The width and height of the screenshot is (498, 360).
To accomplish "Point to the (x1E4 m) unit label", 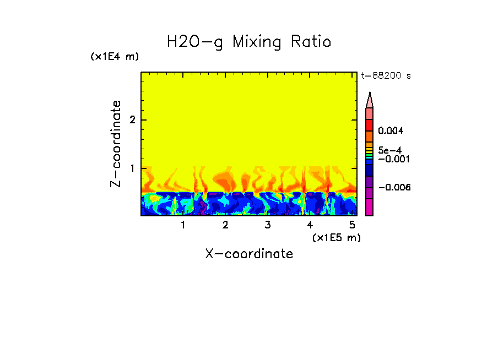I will click(115, 57).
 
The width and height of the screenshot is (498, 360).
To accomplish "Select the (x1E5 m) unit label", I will click(336, 237).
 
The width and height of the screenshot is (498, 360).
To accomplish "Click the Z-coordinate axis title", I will click(116, 144).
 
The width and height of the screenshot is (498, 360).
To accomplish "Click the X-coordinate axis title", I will click(249, 254).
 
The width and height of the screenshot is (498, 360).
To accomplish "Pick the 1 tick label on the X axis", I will click(183, 225).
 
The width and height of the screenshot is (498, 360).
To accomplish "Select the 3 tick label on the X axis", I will click(268, 225).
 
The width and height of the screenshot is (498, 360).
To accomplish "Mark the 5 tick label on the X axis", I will click(352, 225).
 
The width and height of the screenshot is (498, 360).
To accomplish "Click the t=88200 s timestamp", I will click(386, 76).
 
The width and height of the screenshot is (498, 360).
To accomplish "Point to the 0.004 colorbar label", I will click(391, 131).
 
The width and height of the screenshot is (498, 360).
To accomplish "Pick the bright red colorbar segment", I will click(370, 125).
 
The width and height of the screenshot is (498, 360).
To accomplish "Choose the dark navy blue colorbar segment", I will click(370, 171).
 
